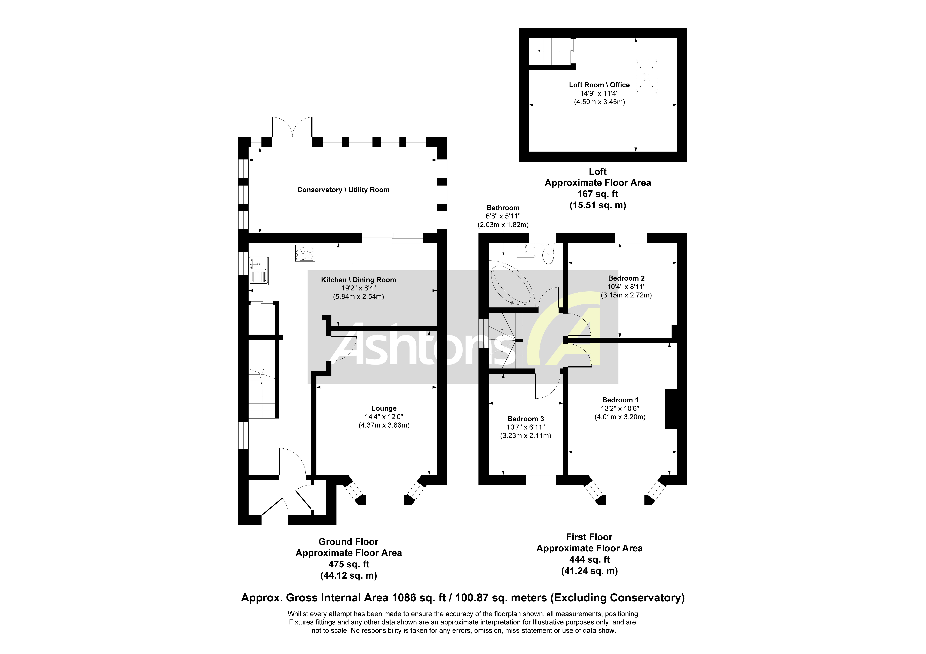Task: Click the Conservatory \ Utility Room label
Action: [343, 190]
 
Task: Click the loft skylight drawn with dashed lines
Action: [647, 77]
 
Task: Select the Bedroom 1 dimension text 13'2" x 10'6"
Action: [620, 408]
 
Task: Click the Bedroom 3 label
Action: [526, 419]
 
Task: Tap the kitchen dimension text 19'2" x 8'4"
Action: [358, 288]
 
